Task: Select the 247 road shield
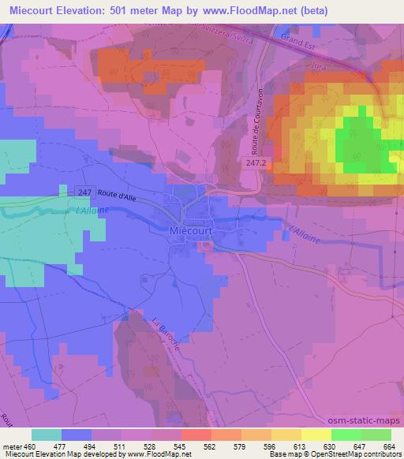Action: [x=86, y=192]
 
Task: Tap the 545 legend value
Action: [x=181, y=446]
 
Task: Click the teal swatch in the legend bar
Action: [x=47, y=435]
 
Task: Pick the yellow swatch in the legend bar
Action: [x=316, y=435]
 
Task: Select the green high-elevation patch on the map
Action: [x=363, y=142]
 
